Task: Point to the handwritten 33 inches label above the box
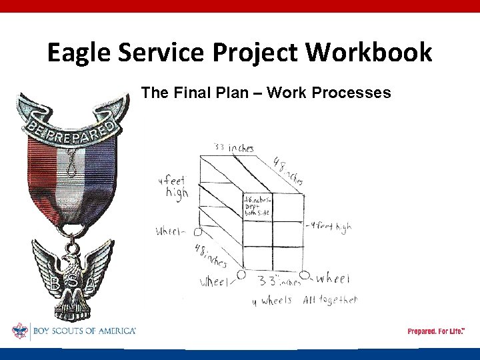pyautogui.click(x=233, y=148)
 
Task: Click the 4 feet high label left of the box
pyautogui.click(x=173, y=186)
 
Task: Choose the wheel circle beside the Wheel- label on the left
pyautogui.click(x=197, y=232)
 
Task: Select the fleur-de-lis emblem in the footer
pyautogui.click(x=19, y=331)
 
